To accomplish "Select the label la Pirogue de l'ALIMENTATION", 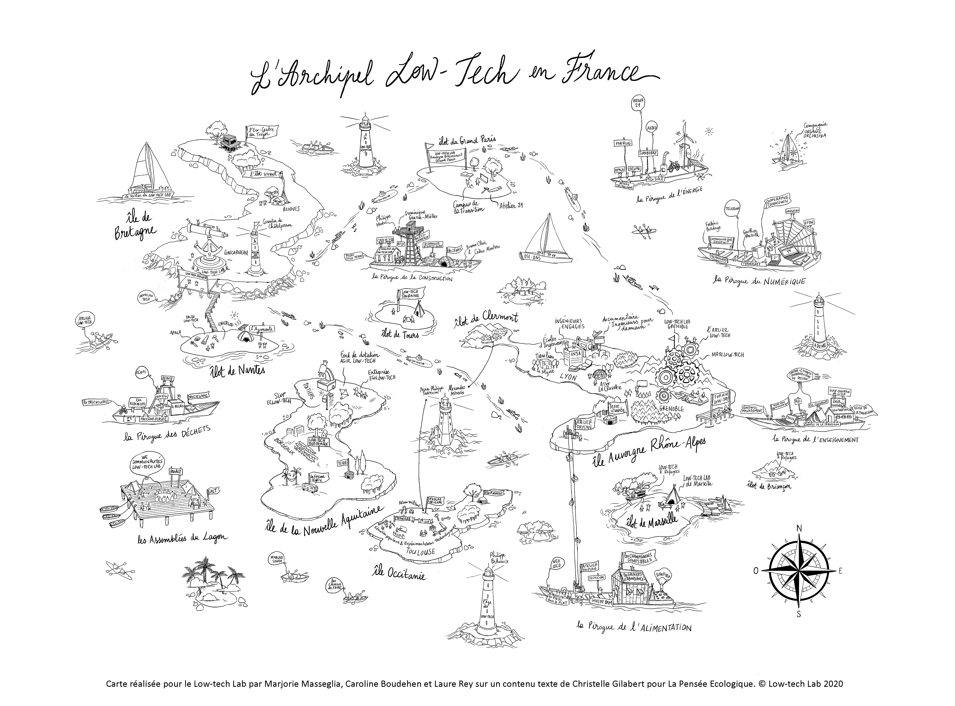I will [634, 627].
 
